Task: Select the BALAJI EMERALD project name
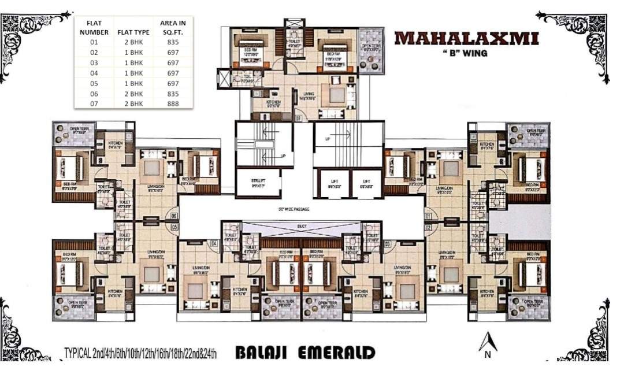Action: (x=305, y=353)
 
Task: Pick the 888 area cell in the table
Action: (x=173, y=103)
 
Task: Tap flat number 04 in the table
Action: (x=94, y=73)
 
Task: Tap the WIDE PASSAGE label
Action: (x=294, y=209)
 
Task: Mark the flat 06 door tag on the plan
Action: (x=174, y=216)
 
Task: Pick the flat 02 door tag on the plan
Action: (x=428, y=227)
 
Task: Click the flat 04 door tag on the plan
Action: (x=213, y=244)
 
